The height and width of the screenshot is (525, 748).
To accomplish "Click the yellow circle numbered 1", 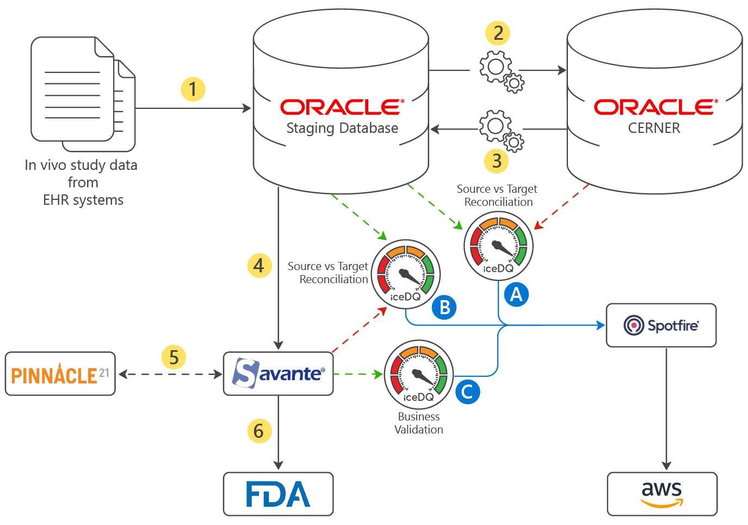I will click(193, 89).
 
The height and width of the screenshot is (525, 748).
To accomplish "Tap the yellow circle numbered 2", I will click(497, 33).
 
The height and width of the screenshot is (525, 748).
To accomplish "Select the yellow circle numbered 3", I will click(496, 161).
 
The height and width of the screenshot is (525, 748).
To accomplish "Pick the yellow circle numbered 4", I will click(259, 266).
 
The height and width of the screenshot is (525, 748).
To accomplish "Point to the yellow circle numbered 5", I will click(174, 358).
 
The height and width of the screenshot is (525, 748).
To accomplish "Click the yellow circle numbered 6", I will click(259, 431).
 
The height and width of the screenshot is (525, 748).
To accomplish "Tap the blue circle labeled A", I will click(516, 295).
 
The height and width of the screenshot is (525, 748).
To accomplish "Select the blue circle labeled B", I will click(444, 307).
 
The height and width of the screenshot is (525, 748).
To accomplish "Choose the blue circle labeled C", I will click(467, 392).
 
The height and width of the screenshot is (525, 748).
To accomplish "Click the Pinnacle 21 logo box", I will click(60, 374).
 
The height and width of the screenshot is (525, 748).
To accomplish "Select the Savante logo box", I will click(278, 374).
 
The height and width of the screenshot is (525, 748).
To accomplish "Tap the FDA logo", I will click(278, 494).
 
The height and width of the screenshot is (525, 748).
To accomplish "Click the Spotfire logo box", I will click(661, 326).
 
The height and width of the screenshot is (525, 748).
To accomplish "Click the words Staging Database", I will click(342, 128).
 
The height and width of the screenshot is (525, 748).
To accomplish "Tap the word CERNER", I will click(654, 128).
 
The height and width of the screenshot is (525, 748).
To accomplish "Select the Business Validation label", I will click(418, 423).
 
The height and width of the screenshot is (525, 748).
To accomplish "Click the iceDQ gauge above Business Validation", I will click(418, 374).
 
